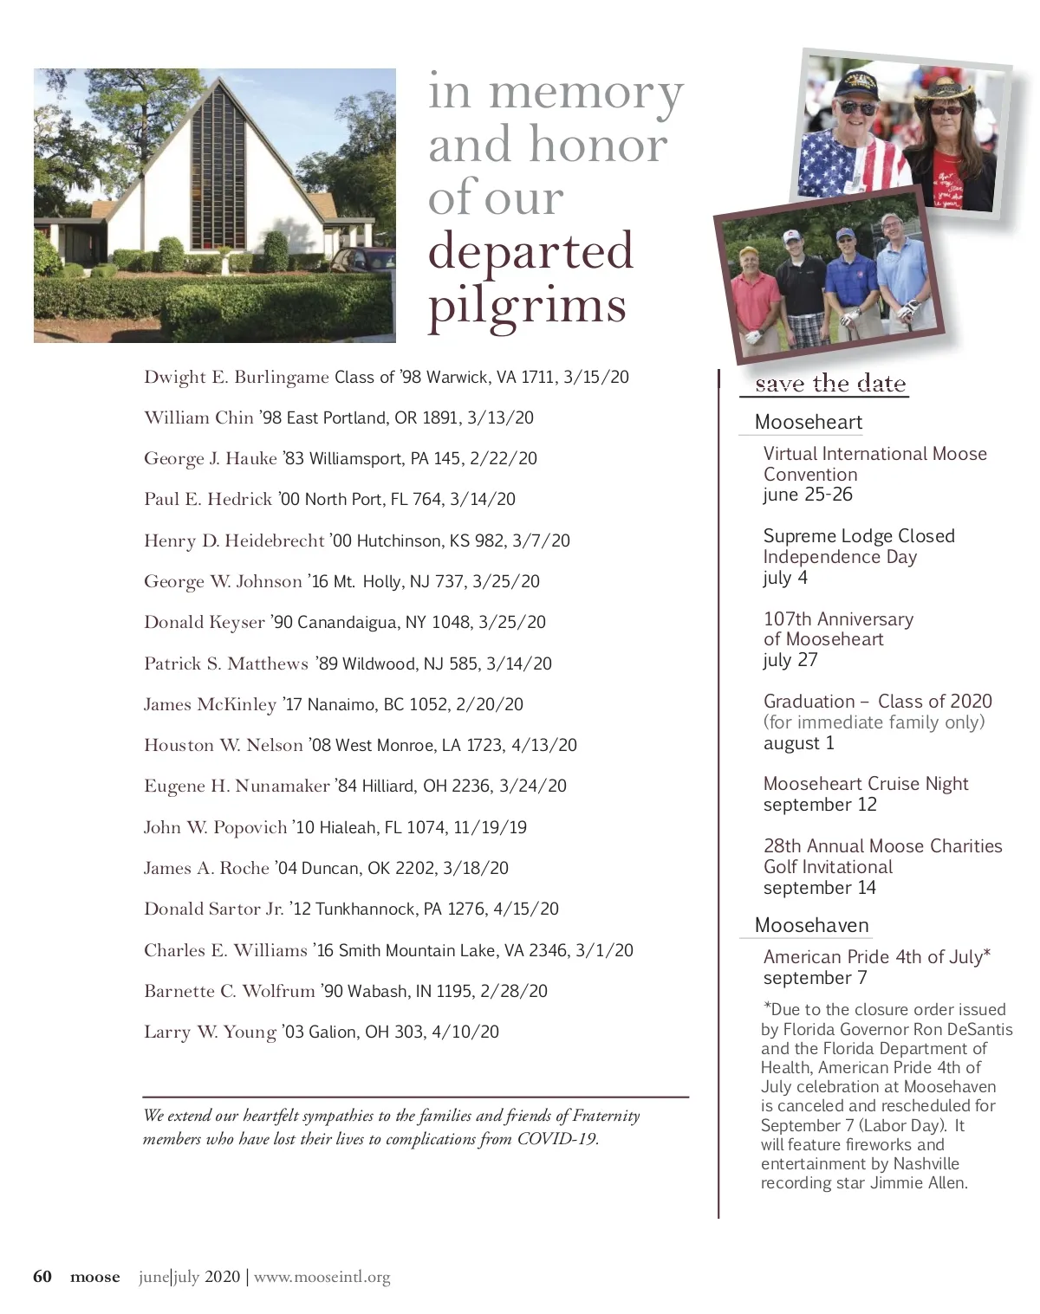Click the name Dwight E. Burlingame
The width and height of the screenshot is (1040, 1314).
coord(236,378)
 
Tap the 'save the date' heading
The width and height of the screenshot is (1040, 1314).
coord(829,384)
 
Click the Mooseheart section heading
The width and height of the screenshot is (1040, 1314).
coord(808,423)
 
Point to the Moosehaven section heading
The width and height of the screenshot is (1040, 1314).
coord(811,926)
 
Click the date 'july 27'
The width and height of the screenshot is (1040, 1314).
coord(790,661)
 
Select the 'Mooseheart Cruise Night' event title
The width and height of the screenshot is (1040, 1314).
coord(865,784)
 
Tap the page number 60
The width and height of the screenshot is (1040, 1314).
coord(42,1277)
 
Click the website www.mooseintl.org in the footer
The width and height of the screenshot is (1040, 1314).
coord(322,1278)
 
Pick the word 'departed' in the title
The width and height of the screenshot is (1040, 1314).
coord(530,251)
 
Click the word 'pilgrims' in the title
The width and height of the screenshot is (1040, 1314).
coord(527,306)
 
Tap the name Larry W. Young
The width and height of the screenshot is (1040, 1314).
coord(210,1032)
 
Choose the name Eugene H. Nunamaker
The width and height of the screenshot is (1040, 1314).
coord(236,786)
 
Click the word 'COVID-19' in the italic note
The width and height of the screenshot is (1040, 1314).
coord(557,1139)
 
